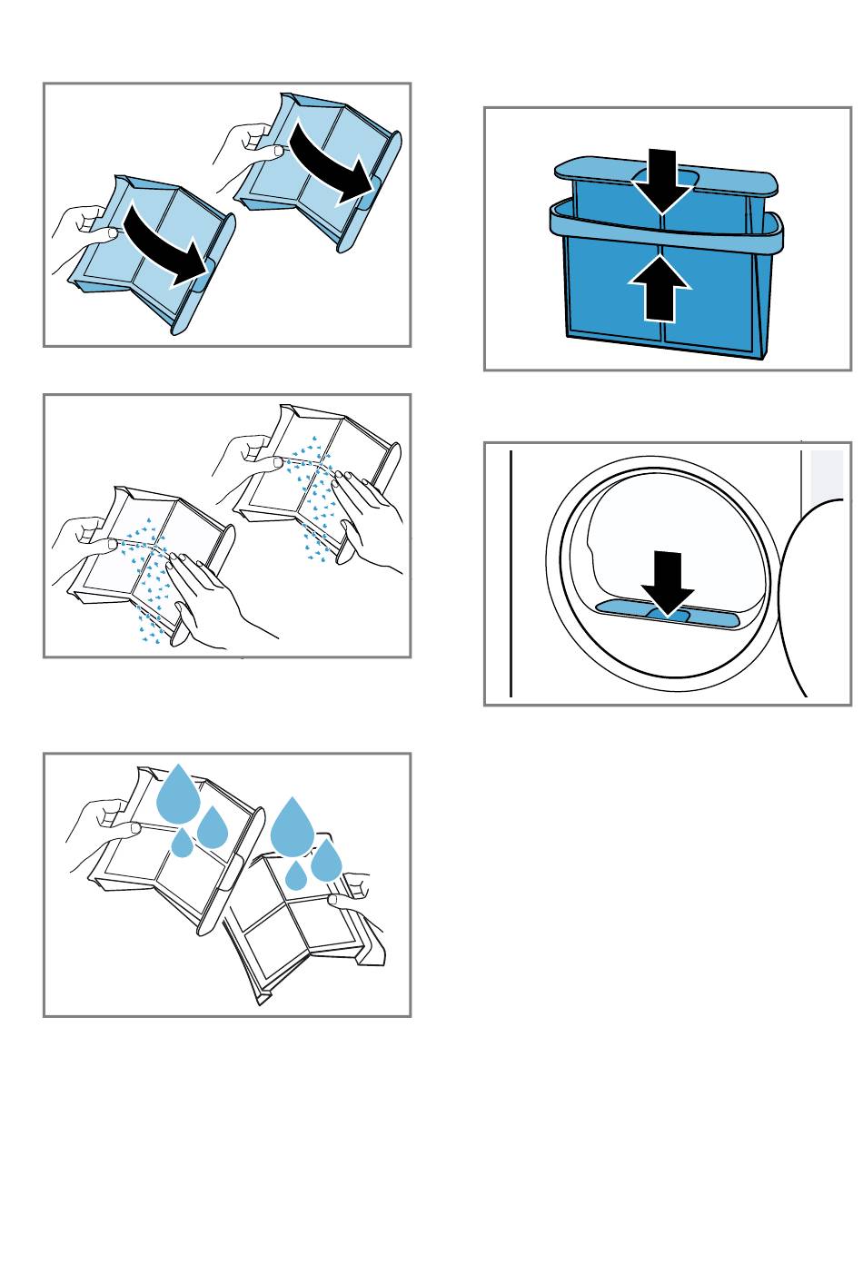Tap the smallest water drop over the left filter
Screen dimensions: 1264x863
183,844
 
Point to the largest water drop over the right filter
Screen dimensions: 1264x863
293,825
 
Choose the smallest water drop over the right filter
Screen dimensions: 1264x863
296,875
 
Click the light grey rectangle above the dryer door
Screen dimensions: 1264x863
827,475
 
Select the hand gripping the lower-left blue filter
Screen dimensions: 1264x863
82,232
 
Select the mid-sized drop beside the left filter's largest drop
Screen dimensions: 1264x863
213,826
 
